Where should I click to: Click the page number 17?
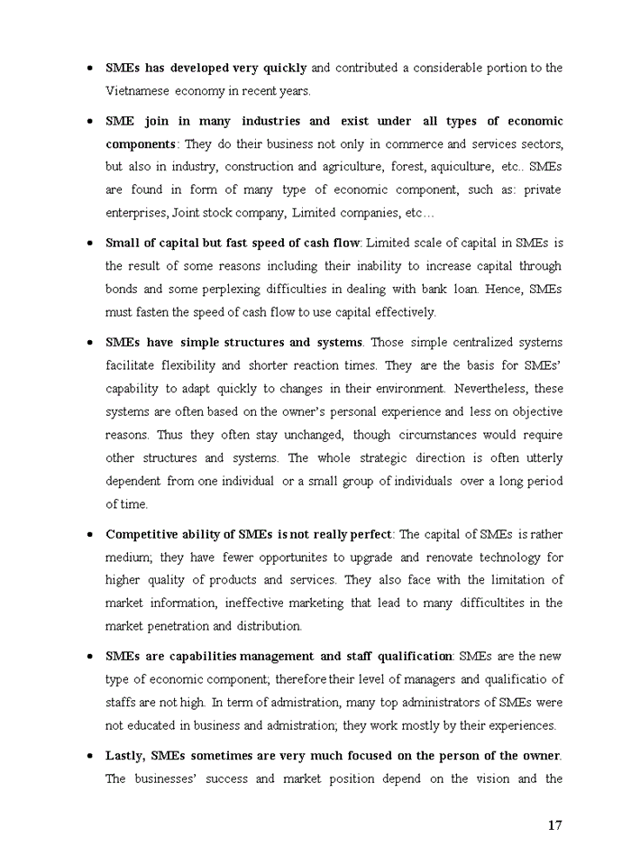(x=554, y=825)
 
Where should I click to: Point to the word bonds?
(x=122, y=290)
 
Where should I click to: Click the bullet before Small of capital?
(x=90, y=244)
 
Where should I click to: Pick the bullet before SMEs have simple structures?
(x=90, y=343)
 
